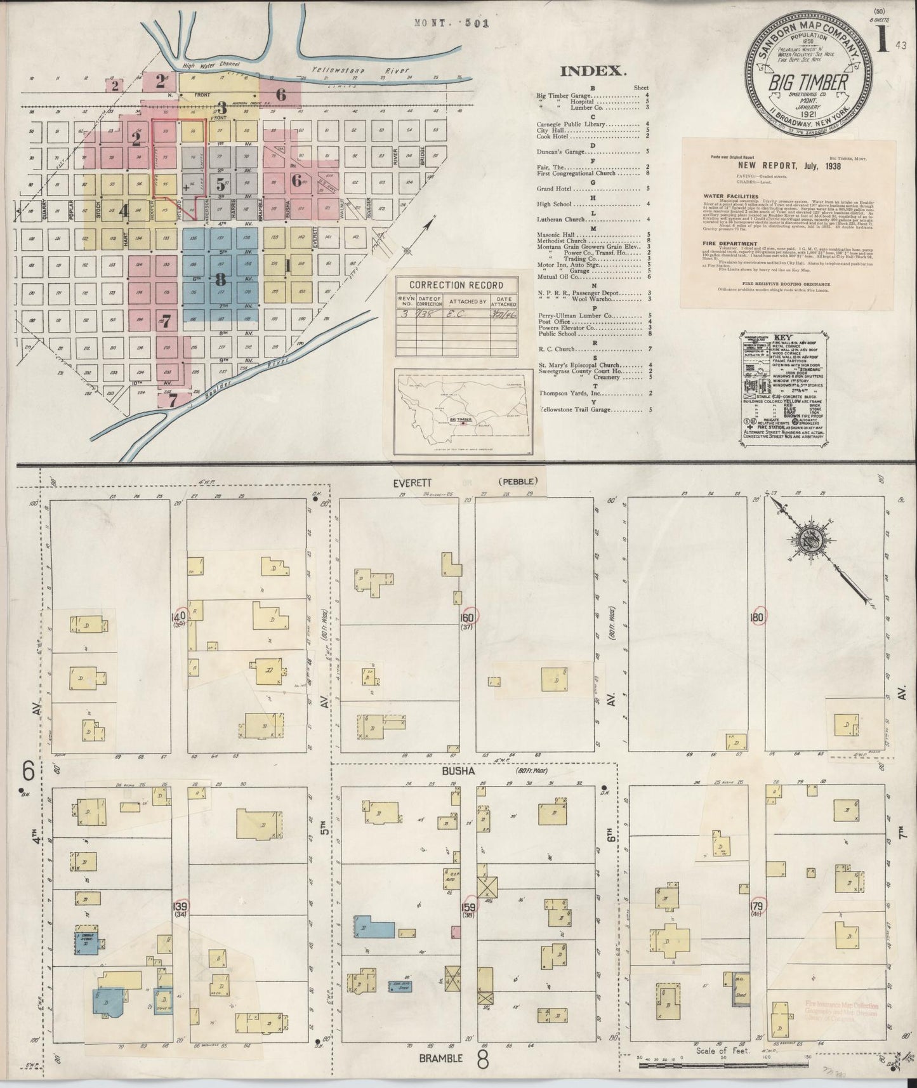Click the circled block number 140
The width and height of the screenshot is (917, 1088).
(178, 615)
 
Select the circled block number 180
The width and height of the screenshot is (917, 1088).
(757, 616)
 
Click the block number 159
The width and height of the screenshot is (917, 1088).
(468, 907)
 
